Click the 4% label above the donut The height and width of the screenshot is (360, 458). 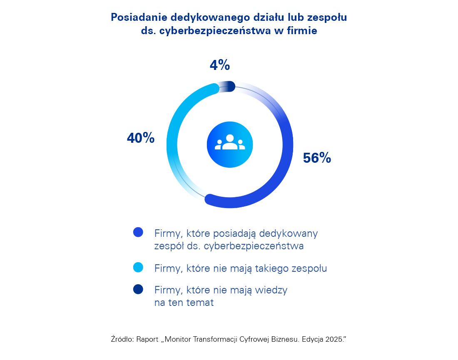pos(219,65)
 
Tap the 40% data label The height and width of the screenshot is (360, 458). pos(140,139)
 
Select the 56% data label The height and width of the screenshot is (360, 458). pos(317,158)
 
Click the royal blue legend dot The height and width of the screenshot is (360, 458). pos(138,233)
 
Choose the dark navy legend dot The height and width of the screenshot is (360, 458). pos(138,289)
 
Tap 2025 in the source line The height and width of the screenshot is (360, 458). pos(334,339)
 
